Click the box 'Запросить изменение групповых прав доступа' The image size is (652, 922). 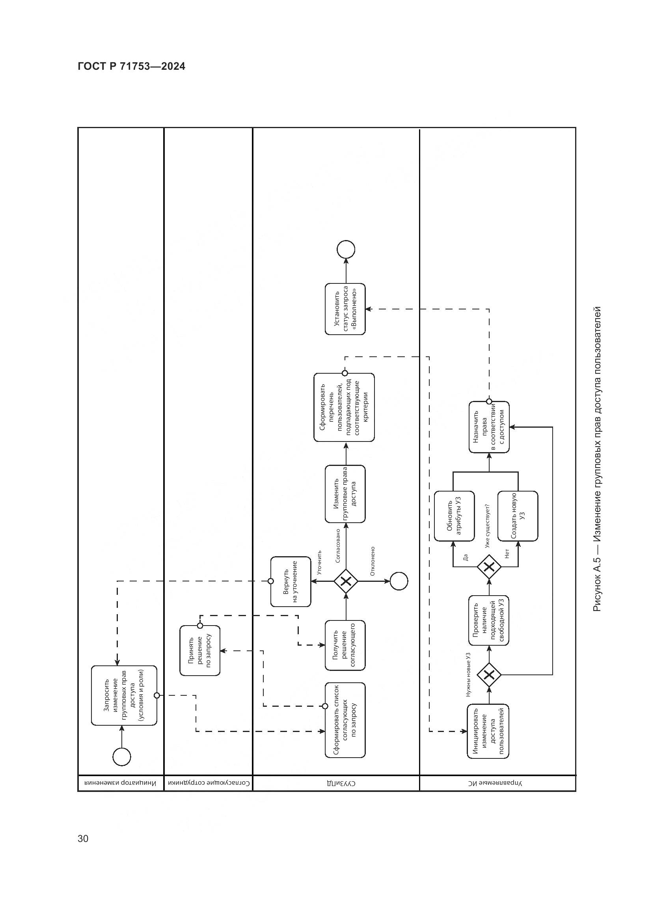[124, 695]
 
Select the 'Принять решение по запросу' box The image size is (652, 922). [199, 650]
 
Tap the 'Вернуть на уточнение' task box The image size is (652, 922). [290, 581]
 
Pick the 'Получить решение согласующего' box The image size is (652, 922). [345, 645]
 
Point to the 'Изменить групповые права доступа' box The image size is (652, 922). [345, 494]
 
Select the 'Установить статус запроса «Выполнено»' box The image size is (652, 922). [345, 309]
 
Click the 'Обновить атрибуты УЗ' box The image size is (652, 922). [454, 516]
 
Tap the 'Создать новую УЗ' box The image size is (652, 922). [518, 516]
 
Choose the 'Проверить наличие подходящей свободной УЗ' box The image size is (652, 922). [488, 620]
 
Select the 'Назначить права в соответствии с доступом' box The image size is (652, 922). [488, 427]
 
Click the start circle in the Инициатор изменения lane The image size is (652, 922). [122, 757]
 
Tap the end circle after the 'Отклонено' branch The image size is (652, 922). [399, 581]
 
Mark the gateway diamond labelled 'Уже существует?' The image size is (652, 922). [488, 566]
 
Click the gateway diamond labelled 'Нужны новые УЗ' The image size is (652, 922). [488, 674]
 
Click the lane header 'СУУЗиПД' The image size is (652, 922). [335, 783]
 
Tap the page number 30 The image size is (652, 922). [83, 838]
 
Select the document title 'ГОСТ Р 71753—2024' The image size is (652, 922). [131, 67]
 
